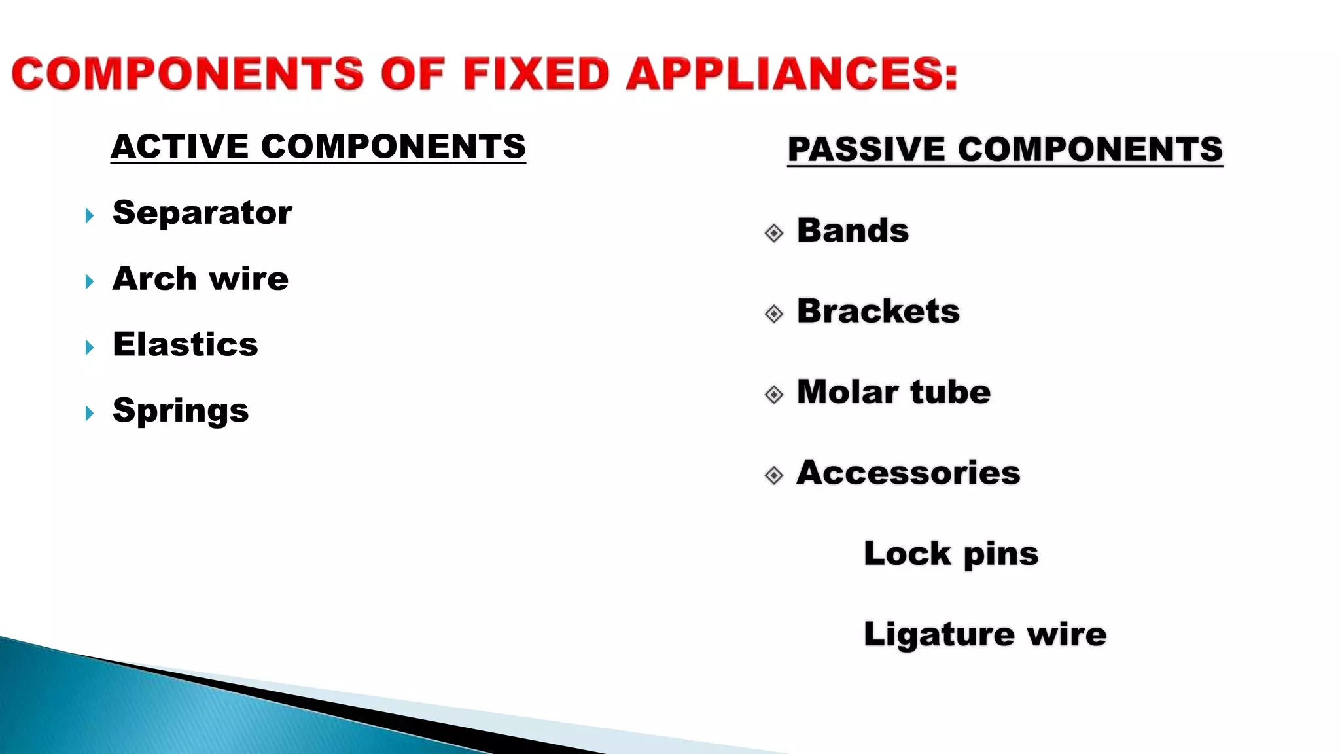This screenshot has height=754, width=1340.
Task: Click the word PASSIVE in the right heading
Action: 866,149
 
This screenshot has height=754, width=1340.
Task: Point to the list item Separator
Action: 202,213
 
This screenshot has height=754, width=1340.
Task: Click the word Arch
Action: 154,279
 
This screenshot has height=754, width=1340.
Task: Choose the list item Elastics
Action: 185,344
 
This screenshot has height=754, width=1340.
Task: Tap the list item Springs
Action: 181,411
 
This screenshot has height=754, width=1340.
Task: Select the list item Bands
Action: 853,230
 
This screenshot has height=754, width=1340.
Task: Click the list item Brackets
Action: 878,311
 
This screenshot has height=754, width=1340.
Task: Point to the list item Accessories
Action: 908,473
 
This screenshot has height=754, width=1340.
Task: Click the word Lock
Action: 907,554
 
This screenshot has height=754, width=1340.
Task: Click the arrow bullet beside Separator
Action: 90,215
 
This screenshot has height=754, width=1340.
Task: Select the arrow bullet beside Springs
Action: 90,413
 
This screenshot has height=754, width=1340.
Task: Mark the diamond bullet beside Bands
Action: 774,233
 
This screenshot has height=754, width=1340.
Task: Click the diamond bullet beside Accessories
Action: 774,475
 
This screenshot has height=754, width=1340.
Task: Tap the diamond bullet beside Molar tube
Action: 774,395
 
